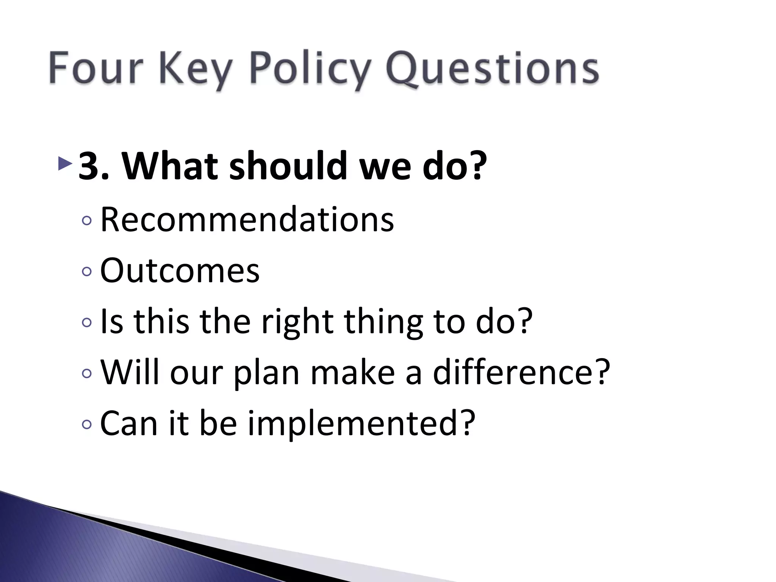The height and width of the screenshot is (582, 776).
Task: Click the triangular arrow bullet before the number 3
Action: click(65, 163)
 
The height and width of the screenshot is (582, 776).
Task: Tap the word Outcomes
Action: click(180, 271)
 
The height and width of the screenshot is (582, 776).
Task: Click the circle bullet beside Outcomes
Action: click(87, 271)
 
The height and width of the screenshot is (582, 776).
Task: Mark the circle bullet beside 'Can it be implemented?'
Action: click(87, 425)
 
